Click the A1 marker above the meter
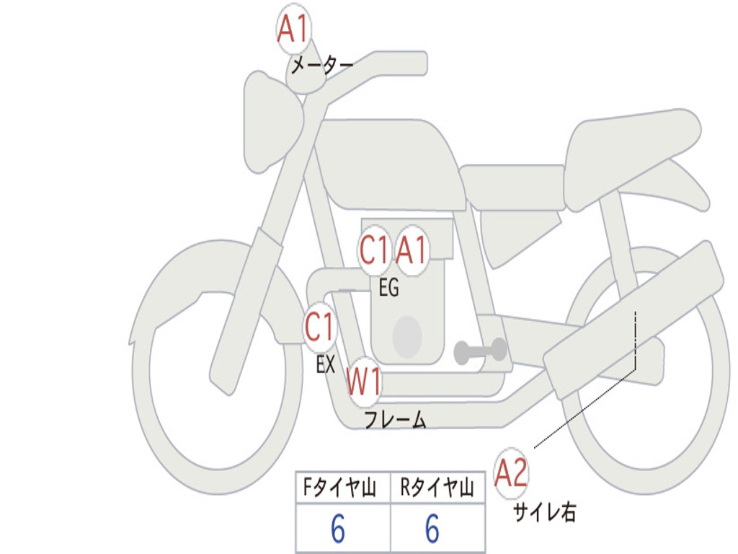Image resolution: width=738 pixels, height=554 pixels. (293, 29)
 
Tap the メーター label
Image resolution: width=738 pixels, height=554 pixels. (322, 65)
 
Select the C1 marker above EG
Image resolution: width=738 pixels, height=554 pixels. (374, 250)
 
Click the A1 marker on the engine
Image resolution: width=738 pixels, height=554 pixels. (412, 250)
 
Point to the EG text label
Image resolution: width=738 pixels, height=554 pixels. (388, 287)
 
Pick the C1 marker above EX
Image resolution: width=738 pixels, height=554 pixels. (319, 327)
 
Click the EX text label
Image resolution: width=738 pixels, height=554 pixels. (326, 364)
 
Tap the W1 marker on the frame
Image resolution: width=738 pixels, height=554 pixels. (364, 382)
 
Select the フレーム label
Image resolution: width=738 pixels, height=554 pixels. (396, 419)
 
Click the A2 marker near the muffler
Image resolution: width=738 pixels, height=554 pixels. (511, 473)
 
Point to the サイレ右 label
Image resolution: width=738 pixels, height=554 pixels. (545, 512)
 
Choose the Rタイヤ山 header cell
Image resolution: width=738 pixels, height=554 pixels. (437, 488)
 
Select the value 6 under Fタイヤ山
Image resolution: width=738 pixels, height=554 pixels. (338, 529)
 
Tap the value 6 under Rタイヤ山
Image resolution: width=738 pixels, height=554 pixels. (432, 529)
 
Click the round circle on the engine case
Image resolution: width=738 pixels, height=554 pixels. (407, 337)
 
